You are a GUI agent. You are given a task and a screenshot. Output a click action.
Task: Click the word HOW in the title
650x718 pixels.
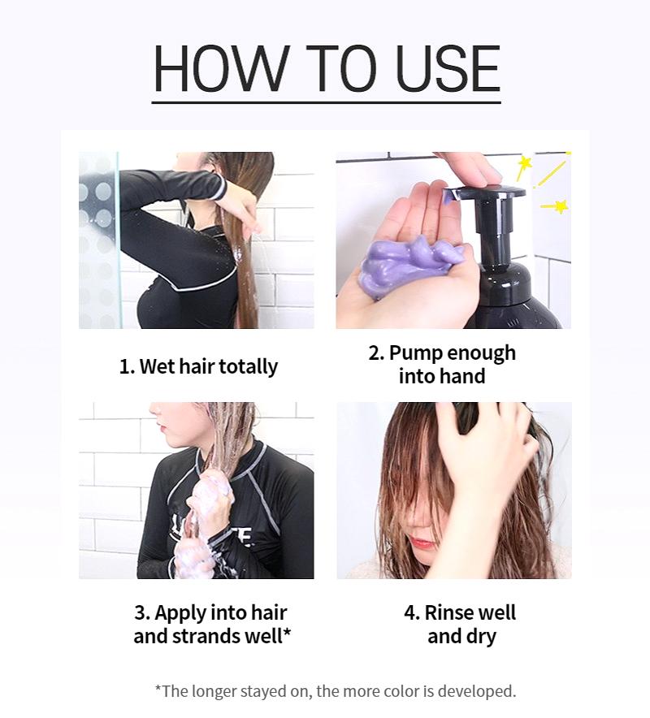[221, 68]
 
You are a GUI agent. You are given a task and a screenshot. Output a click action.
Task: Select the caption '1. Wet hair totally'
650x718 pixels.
[198, 367]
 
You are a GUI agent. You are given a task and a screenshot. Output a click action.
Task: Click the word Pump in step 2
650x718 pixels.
[416, 354]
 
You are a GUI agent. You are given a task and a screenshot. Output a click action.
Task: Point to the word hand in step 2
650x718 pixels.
[461, 376]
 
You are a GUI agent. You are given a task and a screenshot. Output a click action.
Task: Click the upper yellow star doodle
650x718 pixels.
[525, 163]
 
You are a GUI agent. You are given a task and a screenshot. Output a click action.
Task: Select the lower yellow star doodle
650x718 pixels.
[560, 206]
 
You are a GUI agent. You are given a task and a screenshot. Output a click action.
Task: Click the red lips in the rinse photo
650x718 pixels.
[421, 544]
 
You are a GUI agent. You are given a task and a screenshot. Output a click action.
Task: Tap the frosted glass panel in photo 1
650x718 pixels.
[98, 240]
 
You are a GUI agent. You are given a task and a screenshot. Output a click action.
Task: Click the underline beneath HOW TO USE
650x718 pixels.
[326, 102]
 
